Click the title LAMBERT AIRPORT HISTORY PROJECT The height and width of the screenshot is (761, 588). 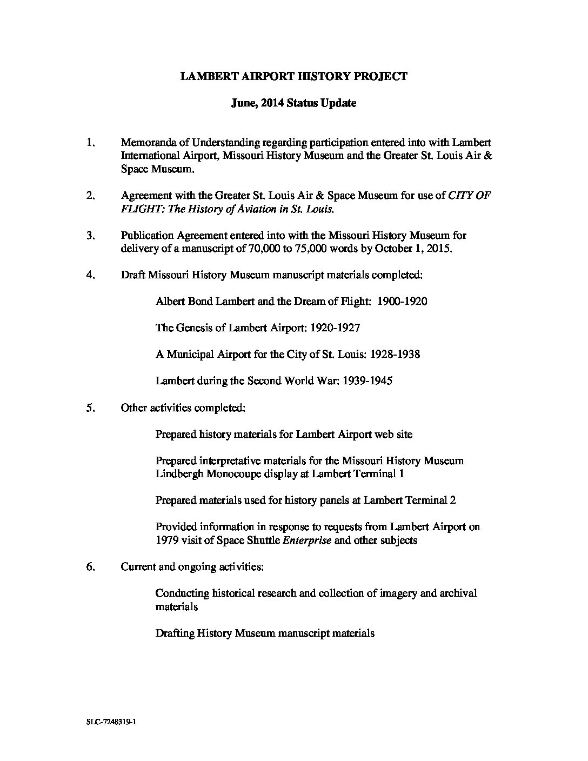(x=293, y=76)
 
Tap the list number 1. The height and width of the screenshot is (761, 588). (x=90, y=143)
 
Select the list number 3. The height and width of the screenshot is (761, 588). (x=90, y=235)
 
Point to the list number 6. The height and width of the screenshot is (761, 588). (x=90, y=566)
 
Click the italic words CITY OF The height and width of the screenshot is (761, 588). (x=469, y=196)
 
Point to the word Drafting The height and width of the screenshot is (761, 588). (x=174, y=633)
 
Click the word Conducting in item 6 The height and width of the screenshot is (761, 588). (x=181, y=593)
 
